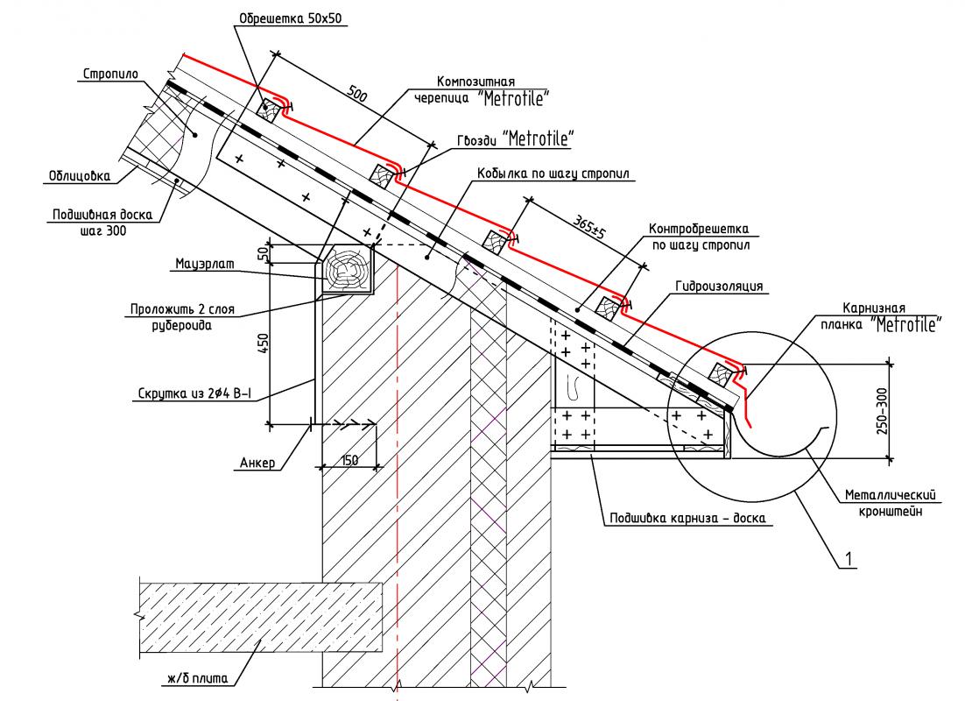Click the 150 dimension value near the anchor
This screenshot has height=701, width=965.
pyautogui.click(x=349, y=459)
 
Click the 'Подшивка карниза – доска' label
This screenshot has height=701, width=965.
pyautogui.click(x=687, y=518)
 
